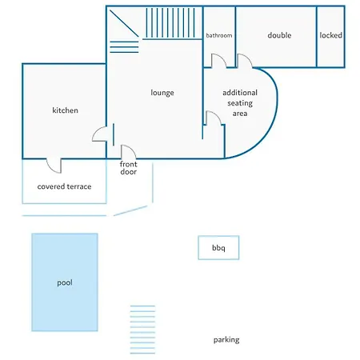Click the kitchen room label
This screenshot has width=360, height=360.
coord(65,110)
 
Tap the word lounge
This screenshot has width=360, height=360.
coord(162,93)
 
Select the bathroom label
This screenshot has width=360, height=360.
coord(219,35)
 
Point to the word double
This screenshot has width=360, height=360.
coord(279,35)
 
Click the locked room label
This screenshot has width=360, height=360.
coord(330,35)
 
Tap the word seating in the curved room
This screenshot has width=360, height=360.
coord(240,103)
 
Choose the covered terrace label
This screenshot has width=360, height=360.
coord(64,186)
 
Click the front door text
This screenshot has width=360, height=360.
coord(128,168)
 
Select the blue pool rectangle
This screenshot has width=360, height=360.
coord(65,282)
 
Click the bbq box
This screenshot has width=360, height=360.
coord(218,247)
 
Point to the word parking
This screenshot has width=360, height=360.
coord(226,340)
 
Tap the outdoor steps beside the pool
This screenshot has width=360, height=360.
coord(142,330)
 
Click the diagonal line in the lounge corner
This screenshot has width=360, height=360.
coord(124,23)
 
